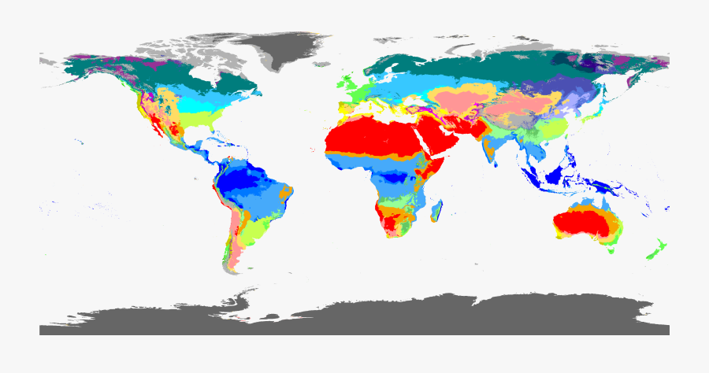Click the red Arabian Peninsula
click(x=445, y=138)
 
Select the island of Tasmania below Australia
click(x=611, y=252)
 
